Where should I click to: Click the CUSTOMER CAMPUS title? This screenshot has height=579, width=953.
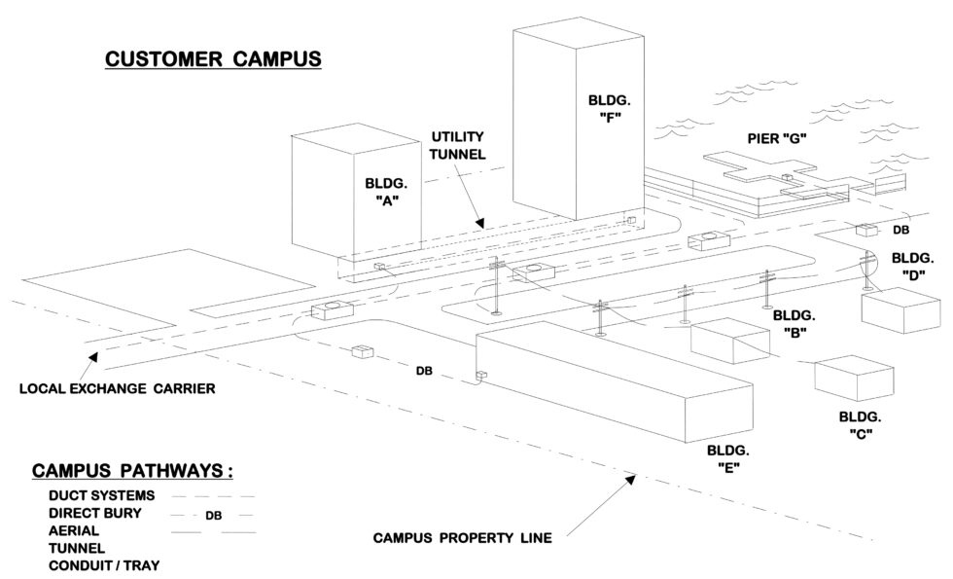coord(212,58)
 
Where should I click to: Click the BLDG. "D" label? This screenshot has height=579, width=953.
coord(912,266)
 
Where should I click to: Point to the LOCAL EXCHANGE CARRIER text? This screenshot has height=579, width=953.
coord(117,389)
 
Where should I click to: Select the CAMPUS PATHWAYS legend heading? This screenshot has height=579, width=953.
coord(132,472)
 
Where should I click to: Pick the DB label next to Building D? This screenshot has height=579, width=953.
coord(900,232)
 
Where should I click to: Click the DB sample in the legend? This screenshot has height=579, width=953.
coord(215,516)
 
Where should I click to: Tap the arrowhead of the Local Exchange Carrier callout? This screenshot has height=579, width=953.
coord(93,358)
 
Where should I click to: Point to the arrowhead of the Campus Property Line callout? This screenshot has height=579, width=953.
coord(634,478)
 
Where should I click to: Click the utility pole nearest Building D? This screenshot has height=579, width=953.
coord(865,272)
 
